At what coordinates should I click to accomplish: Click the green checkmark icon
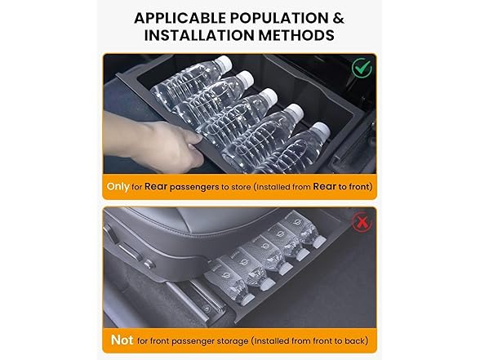click(362, 67)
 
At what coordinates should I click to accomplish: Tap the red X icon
click(362, 223)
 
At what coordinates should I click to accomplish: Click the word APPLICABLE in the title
click(180, 18)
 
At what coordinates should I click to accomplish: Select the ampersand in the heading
click(338, 18)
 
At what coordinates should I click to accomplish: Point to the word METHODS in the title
click(296, 35)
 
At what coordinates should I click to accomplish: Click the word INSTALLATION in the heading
click(199, 35)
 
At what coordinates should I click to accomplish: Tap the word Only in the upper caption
click(118, 186)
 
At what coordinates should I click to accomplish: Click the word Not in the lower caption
click(122, 340)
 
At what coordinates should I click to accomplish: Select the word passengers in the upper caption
click(194, 187)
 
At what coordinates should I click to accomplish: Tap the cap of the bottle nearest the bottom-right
click(322, 130)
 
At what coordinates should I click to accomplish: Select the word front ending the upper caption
click(360, 186)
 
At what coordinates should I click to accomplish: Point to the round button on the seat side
click(149, 264)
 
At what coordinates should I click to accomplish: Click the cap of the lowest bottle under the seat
click(248, 299)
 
